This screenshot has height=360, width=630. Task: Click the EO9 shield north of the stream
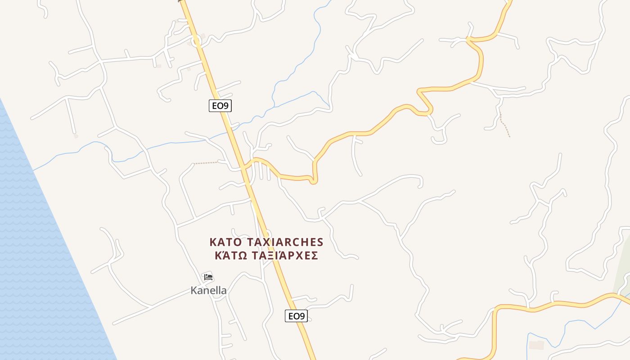pos(220,106)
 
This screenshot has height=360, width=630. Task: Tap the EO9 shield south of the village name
pos(296,316)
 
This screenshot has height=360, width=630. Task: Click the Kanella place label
pos(208,290)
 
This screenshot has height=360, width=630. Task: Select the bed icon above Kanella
pos(208,277)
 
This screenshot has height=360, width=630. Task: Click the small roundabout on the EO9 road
pos(196,42)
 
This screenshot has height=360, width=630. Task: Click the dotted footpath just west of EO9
pos(206,162)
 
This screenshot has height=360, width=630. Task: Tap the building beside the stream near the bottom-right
pos(536,345)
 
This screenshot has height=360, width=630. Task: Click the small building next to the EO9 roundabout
pos(203,36)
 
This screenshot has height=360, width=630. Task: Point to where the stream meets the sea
pos(34,170)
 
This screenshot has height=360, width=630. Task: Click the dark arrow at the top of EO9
pos(181,1)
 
